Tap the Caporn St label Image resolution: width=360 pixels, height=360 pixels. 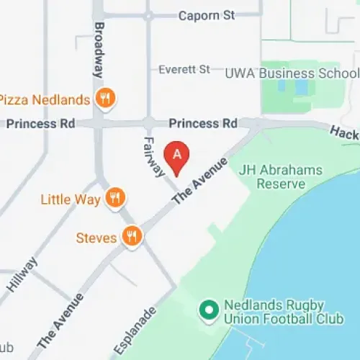(x=207, y=15)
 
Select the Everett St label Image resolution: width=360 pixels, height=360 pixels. (x=184, y=69)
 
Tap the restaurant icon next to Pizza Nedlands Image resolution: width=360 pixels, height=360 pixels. (x=106, y=99)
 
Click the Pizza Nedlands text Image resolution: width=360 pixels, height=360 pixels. (x=45, y=99)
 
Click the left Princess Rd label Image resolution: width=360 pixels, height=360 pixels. (x=40, y=124)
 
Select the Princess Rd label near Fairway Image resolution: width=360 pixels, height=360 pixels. (x=203, y=124)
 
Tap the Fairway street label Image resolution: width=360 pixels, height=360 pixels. (x=154, y=157)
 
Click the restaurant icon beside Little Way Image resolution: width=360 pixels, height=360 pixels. (x=114, y=198)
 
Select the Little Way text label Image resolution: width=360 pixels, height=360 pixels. (x=71, y=199)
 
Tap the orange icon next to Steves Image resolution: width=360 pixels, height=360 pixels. (x=132, y=235)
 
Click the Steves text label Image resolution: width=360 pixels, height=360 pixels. (x=96, y=236)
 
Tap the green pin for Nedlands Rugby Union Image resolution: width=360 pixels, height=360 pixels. (x=209, y=311)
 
